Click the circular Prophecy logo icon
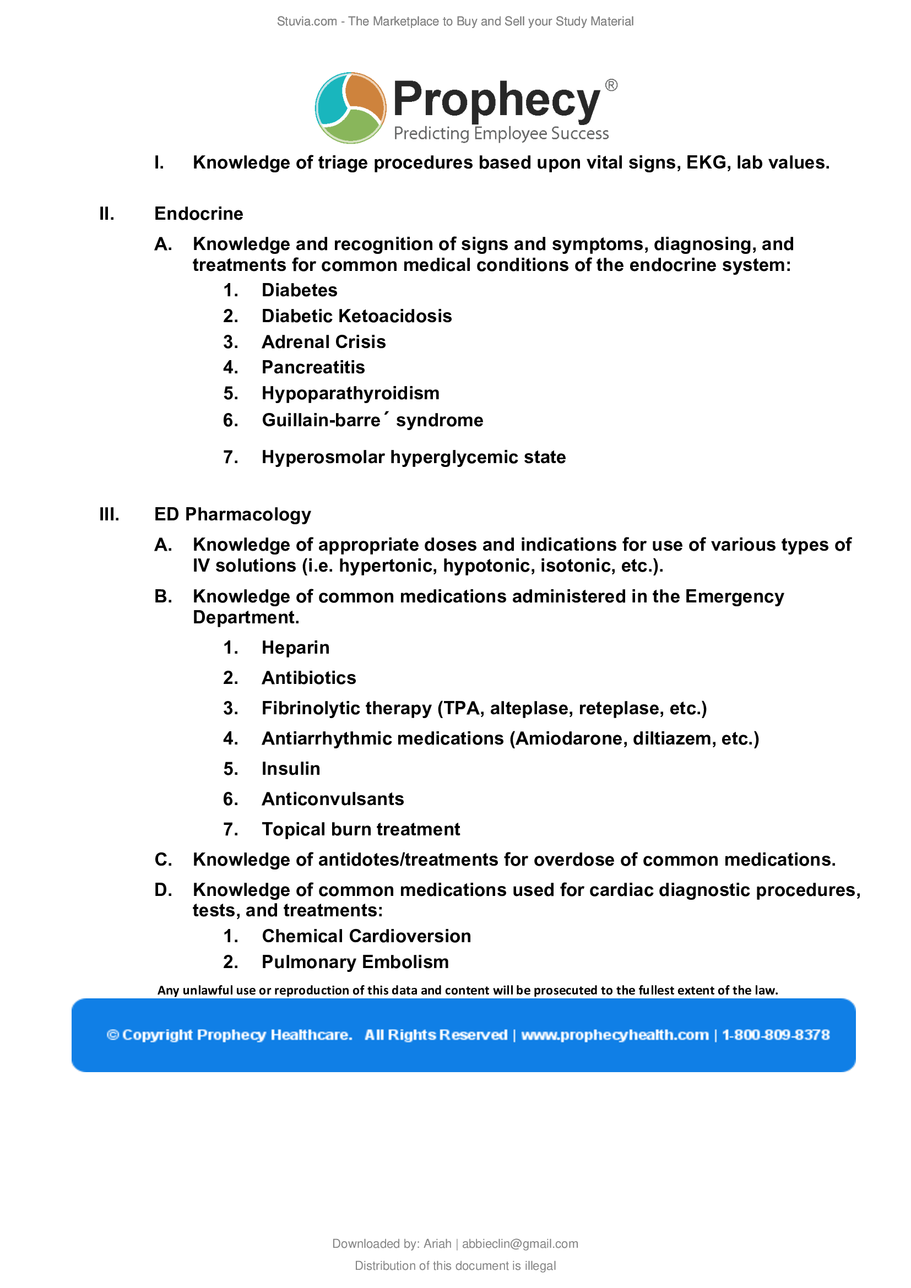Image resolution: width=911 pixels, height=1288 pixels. (x=351, y=107)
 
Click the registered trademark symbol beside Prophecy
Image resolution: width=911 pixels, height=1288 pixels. (x=611, y=85)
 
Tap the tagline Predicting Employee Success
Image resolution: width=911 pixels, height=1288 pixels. (x=501, y=133)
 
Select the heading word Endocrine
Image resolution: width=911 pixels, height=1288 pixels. (x=199, y=214)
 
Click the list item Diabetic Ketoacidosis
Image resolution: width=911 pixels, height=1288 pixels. (x=356, y=316)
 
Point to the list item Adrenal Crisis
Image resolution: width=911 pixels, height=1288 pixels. (x=324, y=341)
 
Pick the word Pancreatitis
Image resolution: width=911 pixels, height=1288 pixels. (x=313, y=367)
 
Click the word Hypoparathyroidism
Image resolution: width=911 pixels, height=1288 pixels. (x=350, y=393)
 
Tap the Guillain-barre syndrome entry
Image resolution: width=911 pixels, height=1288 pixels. (x=372, y=420)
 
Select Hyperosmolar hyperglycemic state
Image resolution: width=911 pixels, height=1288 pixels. (x=414, y=457)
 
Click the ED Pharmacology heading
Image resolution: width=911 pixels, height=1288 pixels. (x=232, y=514)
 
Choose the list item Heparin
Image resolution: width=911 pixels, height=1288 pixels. (x=295, y=648)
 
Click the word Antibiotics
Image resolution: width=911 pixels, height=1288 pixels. (x=308, y=678)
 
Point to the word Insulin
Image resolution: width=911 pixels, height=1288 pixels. (x=291, y=769)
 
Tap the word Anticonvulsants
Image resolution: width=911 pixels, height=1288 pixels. (x=333, y=799)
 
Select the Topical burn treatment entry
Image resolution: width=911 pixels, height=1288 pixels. (x=361, y=829)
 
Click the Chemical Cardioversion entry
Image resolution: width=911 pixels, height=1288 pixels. (x=366, y=936)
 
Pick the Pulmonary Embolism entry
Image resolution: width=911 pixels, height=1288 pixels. (x=355, y=962)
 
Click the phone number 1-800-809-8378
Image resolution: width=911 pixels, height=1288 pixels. (x=776, y=1035)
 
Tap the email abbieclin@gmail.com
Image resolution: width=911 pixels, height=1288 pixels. (x=519, y=1244)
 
